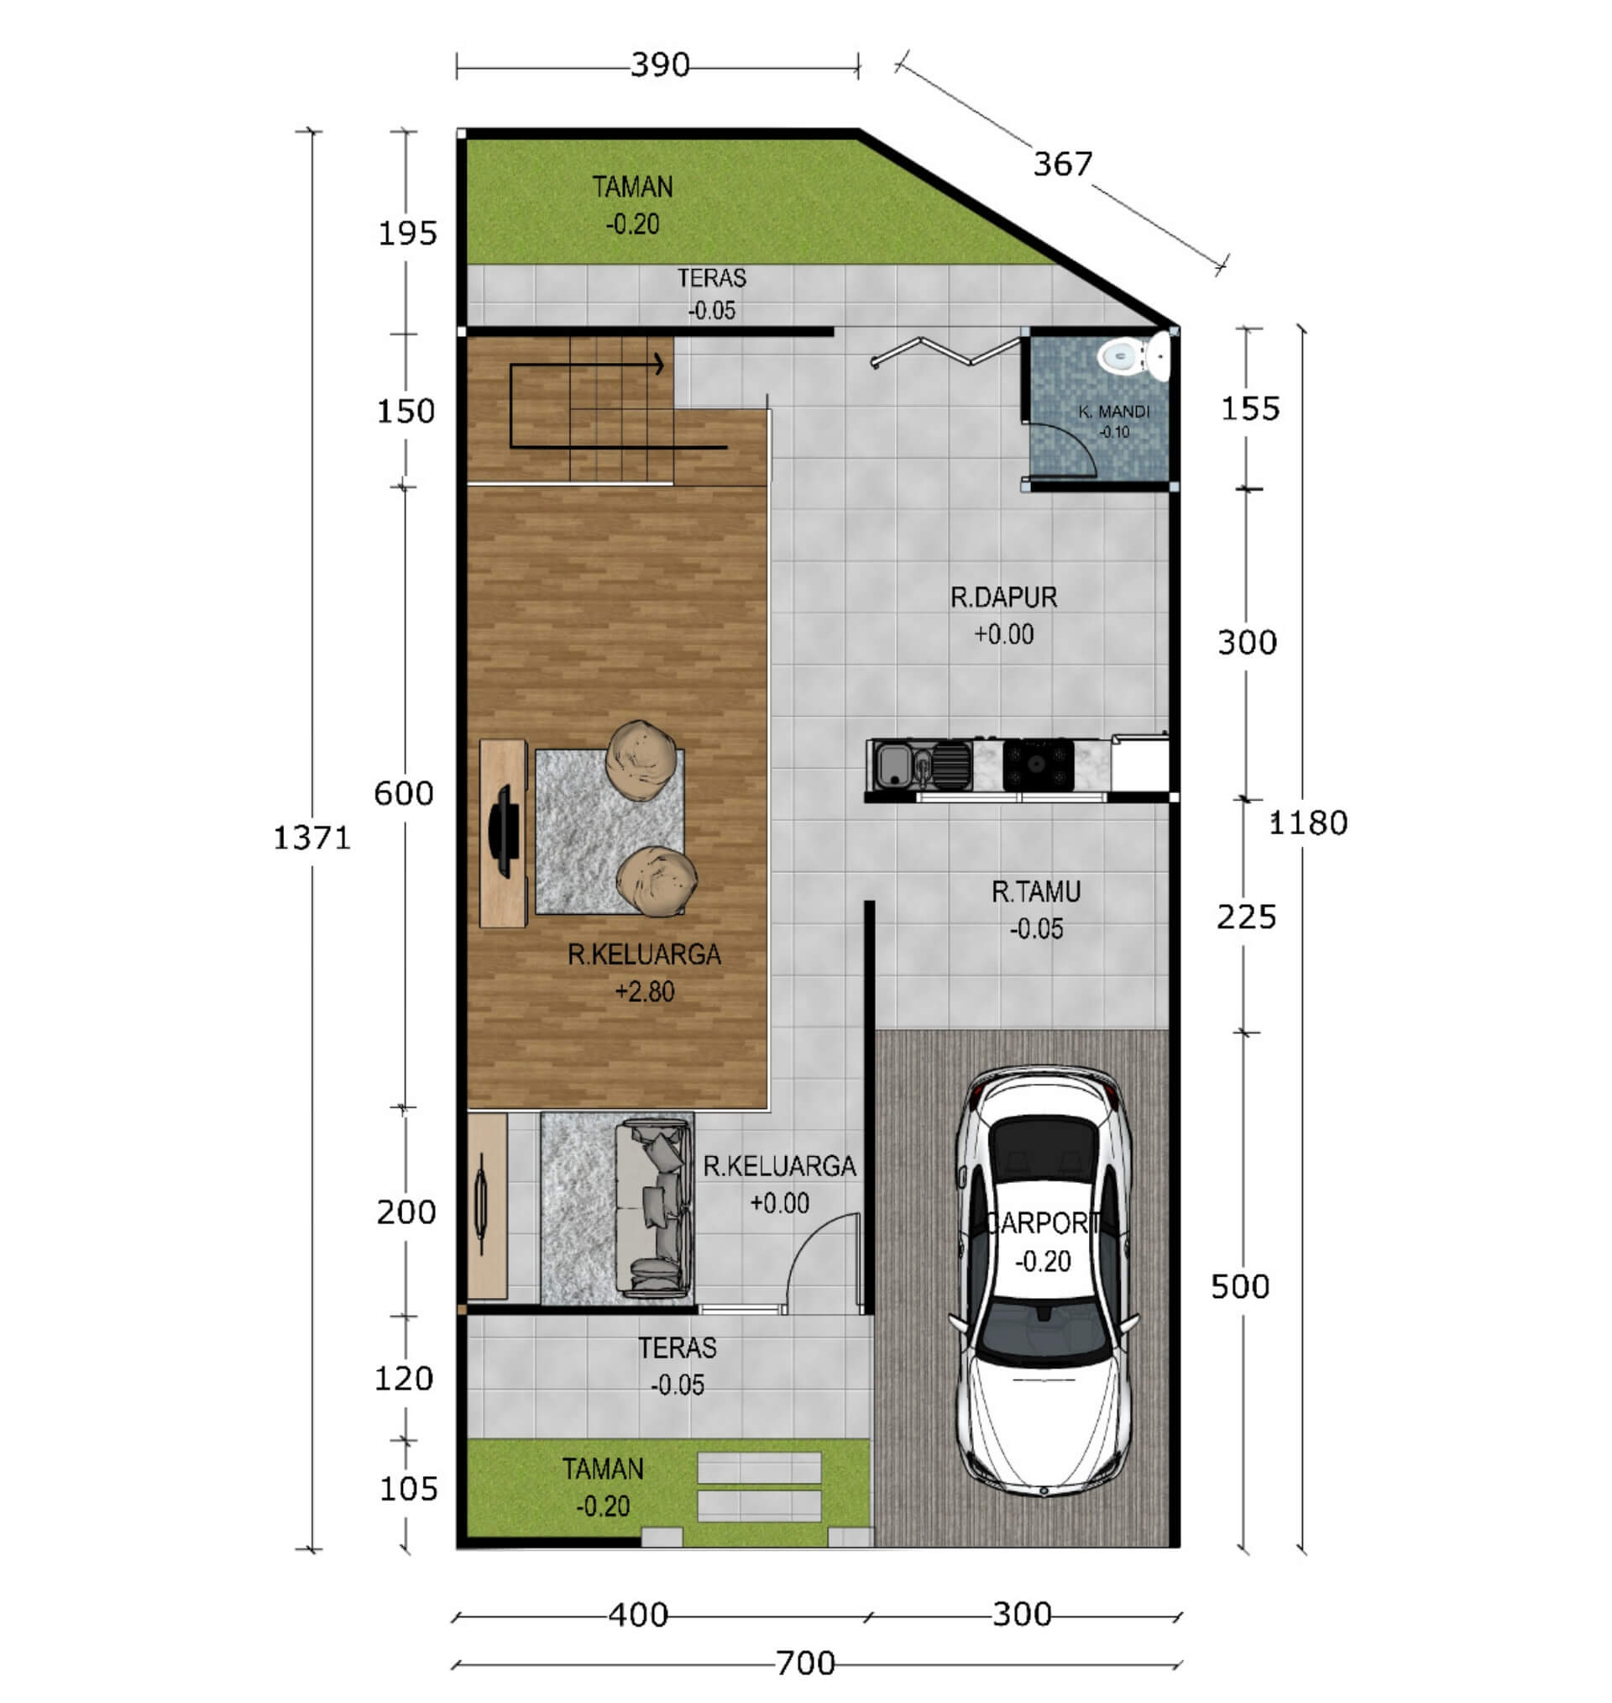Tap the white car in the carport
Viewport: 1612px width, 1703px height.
pyautogui.click(x=1043, y=1282)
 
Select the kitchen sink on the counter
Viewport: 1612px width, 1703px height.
pyautogui.click(x=893, y=765)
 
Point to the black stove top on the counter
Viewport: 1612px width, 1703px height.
pyautogui.click(x=1038, y=764)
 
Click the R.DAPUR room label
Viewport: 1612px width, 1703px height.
pyautogui.click(x=1002, y=597)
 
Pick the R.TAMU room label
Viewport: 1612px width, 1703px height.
pyautogui.click(x=1035, y=892)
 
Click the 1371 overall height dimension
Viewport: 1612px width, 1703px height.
pyautogui.click(x=312, y=838)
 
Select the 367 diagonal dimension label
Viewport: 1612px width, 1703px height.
pyautogui.click(x=1063, y=163)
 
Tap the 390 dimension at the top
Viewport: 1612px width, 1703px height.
pyautogui.click(x=660, y=65)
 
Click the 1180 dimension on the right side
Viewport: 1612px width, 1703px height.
pyautogui.click(x=1308, y=823)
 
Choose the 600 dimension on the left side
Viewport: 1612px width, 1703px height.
pyautogui.click(x=404, y=792)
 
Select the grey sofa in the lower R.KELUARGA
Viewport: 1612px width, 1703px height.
pyautogui.click(x=654, y=1208)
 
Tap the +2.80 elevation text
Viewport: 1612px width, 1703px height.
pyautogui.click(x=645, y=992)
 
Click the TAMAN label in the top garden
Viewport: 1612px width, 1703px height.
pyautogui.click(x=632, y=187)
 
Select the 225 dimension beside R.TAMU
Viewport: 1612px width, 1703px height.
pyautogui.click(x=1246, y=917)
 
